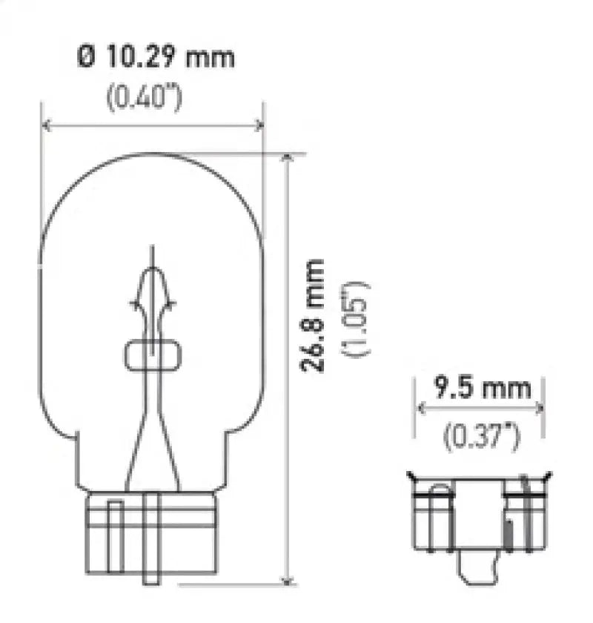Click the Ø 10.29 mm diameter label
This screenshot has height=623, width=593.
pos(156,57)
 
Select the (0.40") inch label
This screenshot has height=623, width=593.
pos(145,99)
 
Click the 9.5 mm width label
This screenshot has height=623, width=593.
pos(483,387)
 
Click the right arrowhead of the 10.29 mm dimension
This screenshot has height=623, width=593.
pos(259,125)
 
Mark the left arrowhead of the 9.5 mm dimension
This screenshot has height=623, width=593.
pos(420,407)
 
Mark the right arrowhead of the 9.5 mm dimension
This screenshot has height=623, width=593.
pos(540,407)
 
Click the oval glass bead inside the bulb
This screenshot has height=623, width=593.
pos(153,355)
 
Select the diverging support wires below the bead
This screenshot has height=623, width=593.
pos(152,438)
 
